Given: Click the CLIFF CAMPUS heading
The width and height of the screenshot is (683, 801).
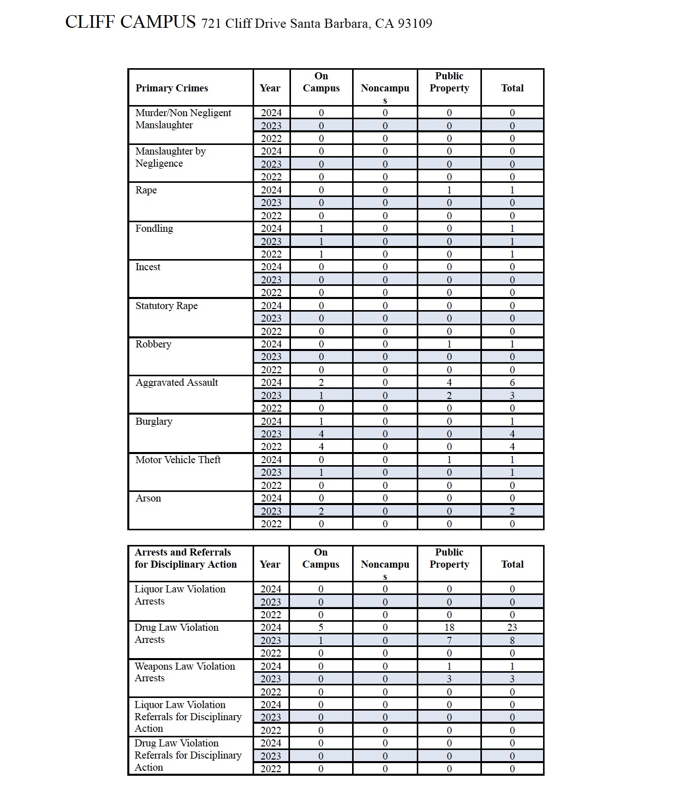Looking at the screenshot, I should click(130, 22).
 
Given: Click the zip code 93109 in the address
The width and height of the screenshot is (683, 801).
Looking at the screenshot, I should click(415, 24).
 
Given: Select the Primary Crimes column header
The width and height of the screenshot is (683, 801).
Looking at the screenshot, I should click(172, 88).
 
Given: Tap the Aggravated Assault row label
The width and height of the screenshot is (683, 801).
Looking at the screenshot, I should click(177, 382).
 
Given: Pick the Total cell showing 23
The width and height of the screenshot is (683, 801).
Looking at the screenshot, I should click(512, 627).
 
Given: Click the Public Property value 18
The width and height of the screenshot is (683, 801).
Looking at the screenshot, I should click(449, 627).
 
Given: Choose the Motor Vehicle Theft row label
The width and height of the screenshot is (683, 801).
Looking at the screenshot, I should click(178, 460).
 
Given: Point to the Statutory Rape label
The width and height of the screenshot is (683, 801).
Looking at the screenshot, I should click(166, 306).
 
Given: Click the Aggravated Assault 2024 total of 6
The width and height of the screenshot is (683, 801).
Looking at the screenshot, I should click(512, 382).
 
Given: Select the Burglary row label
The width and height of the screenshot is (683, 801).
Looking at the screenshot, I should click(154, 421).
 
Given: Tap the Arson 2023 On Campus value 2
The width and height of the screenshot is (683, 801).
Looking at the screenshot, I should click(321, 511).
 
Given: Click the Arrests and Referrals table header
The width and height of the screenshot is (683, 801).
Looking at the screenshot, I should click(185, 558).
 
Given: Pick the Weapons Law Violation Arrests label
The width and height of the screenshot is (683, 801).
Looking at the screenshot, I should click(184, 672).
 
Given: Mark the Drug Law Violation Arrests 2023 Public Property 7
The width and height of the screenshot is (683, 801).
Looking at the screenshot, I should click(449, 640).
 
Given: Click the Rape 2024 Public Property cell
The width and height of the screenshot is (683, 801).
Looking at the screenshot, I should click(449, 190).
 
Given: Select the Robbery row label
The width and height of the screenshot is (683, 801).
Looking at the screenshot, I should click(153, 344).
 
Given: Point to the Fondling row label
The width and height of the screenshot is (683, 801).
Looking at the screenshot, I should click(154, 228).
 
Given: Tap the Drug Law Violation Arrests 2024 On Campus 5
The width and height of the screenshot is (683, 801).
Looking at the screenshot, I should click(321, 627).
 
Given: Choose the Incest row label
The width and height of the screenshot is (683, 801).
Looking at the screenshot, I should click(148, 267).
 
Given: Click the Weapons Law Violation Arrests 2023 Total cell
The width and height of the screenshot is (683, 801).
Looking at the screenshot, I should click(512, 679).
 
